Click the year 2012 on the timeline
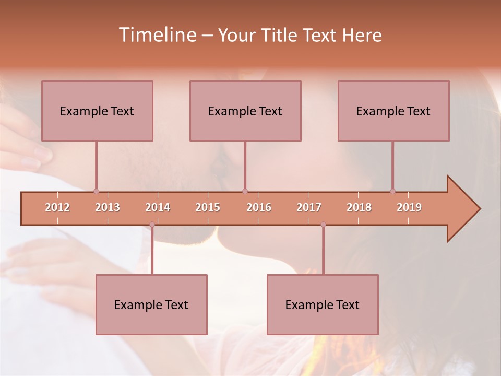[57, 207]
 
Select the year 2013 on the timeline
[108, 207]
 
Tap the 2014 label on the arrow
[158, 207]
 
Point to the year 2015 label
[208, 207]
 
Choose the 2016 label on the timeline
[259, 207]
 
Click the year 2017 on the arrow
[309, 207]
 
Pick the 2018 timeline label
[359, 207]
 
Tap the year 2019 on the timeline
[409, 207]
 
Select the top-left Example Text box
[97, 111]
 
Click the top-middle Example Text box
[245, 111]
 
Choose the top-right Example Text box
[393, 111]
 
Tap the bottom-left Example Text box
[151, 304]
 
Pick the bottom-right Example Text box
[323, 304]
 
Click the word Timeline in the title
[157, 35]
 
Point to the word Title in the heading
[281, 36]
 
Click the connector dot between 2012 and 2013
[96, 191]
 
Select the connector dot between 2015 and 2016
[245, 191]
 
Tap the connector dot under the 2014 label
[152, 225]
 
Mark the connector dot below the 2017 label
[323, 225]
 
